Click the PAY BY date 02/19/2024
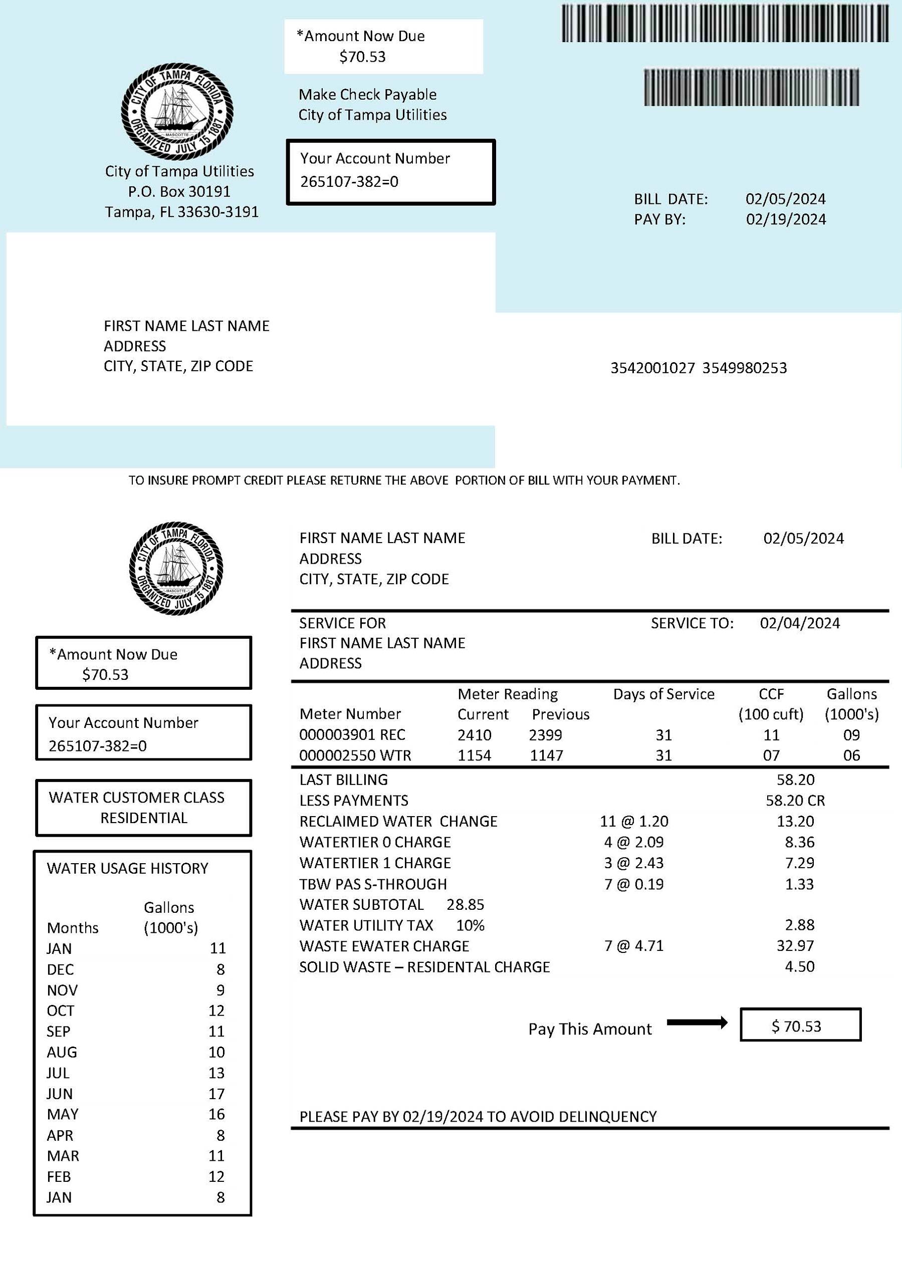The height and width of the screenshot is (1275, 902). coord(785,219)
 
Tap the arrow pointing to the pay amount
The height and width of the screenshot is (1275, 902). coord(697,1023)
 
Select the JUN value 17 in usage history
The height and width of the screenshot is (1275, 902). coord(216,1094)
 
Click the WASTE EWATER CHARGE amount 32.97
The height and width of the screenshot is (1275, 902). coord(795,945)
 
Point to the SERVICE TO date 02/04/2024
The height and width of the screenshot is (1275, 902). coord(799,623)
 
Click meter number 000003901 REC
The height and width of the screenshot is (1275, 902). coord(352,734)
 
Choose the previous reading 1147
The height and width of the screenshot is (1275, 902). coord(547,755)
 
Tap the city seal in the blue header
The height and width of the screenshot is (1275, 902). coord(176,112)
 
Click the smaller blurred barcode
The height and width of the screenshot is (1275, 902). coord(751,87)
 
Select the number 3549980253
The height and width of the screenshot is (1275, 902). coord(744,368)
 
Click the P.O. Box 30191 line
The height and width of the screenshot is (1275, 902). coord(179,191)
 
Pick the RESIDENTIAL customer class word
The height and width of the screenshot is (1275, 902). coord(144,818)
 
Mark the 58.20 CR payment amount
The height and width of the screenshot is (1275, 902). coord(795,800)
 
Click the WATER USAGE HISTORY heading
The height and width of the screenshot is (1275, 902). coord(127,868)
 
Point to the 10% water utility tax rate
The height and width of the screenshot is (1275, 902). coord(470,925)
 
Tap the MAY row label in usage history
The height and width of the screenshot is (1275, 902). coord(63,1114)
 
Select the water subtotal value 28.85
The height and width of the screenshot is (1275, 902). coord(465,905)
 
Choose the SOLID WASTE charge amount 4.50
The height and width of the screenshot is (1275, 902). coord(799,966)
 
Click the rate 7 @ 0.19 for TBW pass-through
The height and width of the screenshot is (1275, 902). coord(634,884)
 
